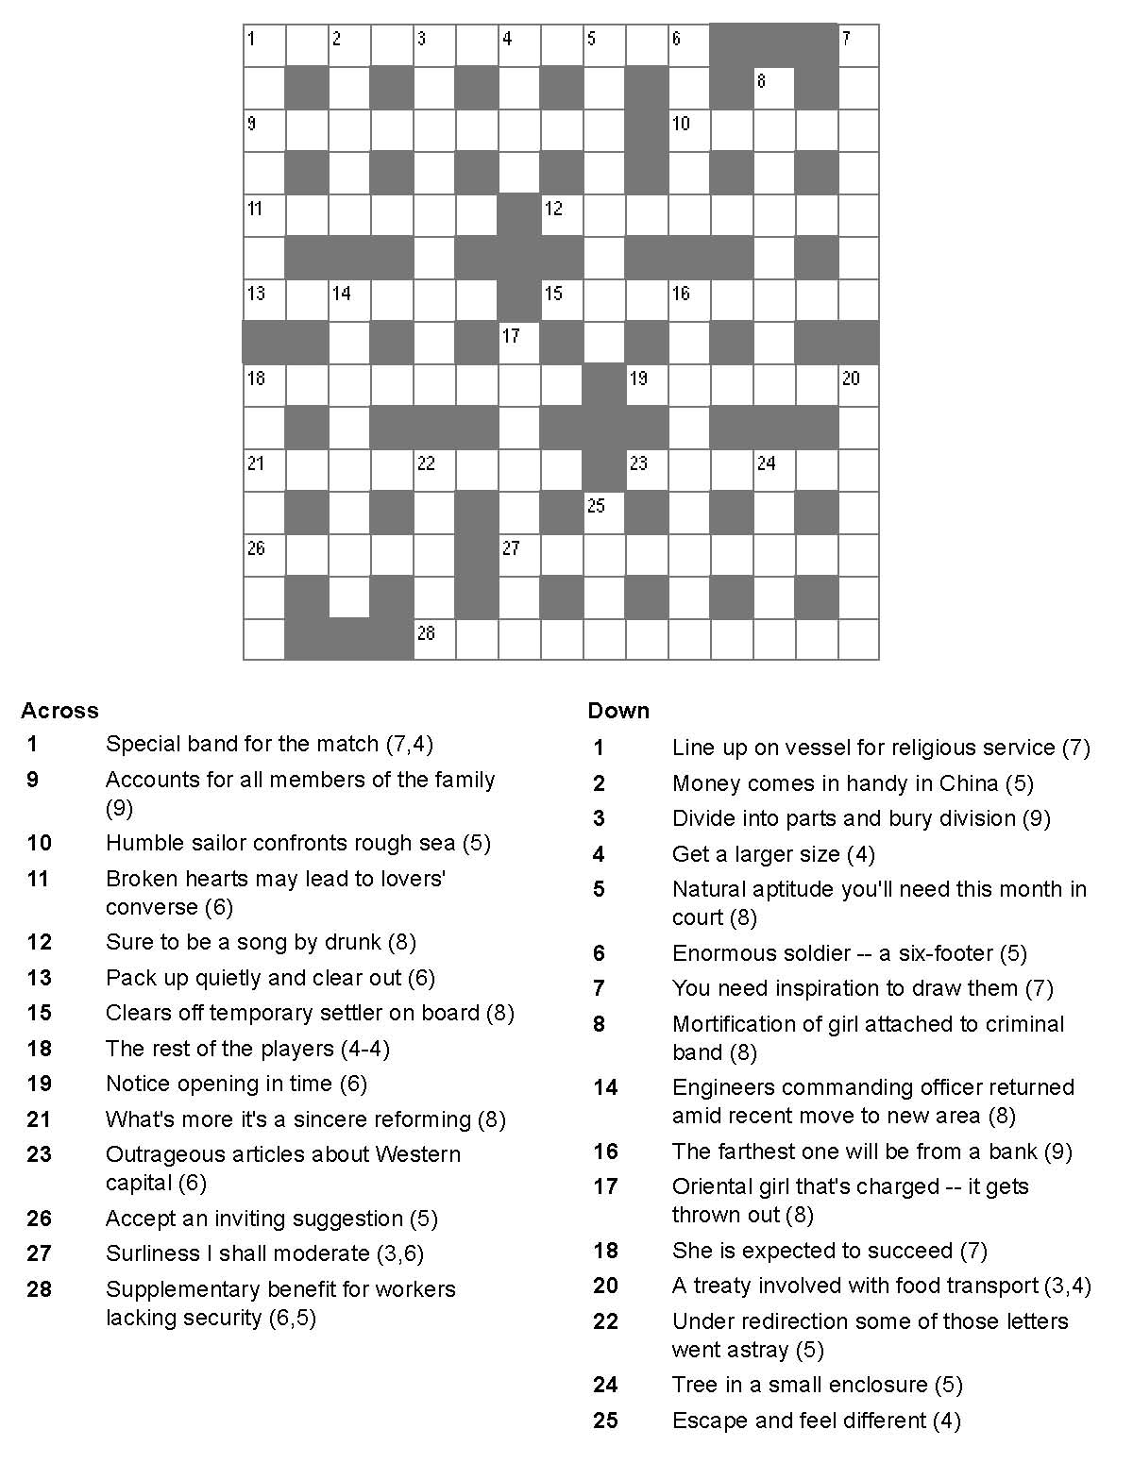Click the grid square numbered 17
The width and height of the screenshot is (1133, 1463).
pyautogui.click(x=519, y=343)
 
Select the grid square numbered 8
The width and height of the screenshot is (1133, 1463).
pyautogui.click(x=773, y=88)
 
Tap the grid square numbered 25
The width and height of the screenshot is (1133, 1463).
pyautogui.click(x=604, y=513)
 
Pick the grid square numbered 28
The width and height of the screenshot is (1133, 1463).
pyautogui.click(x=434, y=640)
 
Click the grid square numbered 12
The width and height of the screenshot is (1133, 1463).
pyautogui.click(x=562, y=215)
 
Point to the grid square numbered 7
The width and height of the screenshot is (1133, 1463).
pyautogui.click(x=858, y=45)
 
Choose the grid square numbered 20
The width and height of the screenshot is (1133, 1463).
pyautogui.click(x=858, y=385)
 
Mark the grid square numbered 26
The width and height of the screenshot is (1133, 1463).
pyautogui.click(x=264, y=555)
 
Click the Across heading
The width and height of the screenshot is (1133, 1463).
pyautogui.click(x=59, y=711)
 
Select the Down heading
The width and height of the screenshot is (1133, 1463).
pyautogui.click(x=618, y=711)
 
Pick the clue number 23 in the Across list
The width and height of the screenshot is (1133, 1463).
pyautogui.click(x=40, y=1154)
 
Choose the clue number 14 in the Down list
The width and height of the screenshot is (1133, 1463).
pyautogui.click(x=605, y=1087)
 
